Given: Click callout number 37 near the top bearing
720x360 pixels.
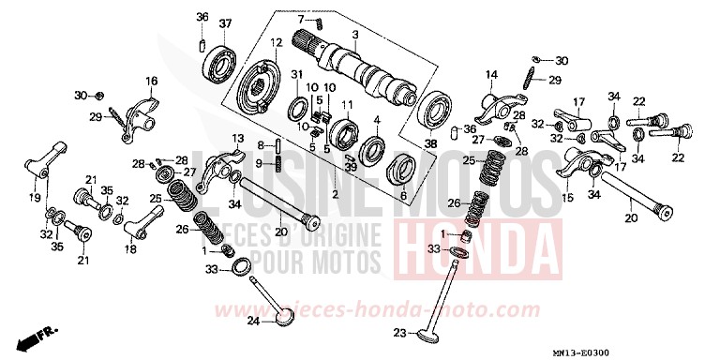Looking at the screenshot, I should (225, 22).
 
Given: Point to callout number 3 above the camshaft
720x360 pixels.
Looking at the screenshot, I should (355, 35).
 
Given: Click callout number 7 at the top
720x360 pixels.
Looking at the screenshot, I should (302, 19).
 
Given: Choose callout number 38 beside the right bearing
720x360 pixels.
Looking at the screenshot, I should (430, 144).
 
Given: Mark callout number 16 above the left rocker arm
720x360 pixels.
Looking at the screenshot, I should (152, 81).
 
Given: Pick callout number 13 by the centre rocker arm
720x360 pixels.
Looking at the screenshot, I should (238, 139).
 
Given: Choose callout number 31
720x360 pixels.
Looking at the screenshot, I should (296, 75).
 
